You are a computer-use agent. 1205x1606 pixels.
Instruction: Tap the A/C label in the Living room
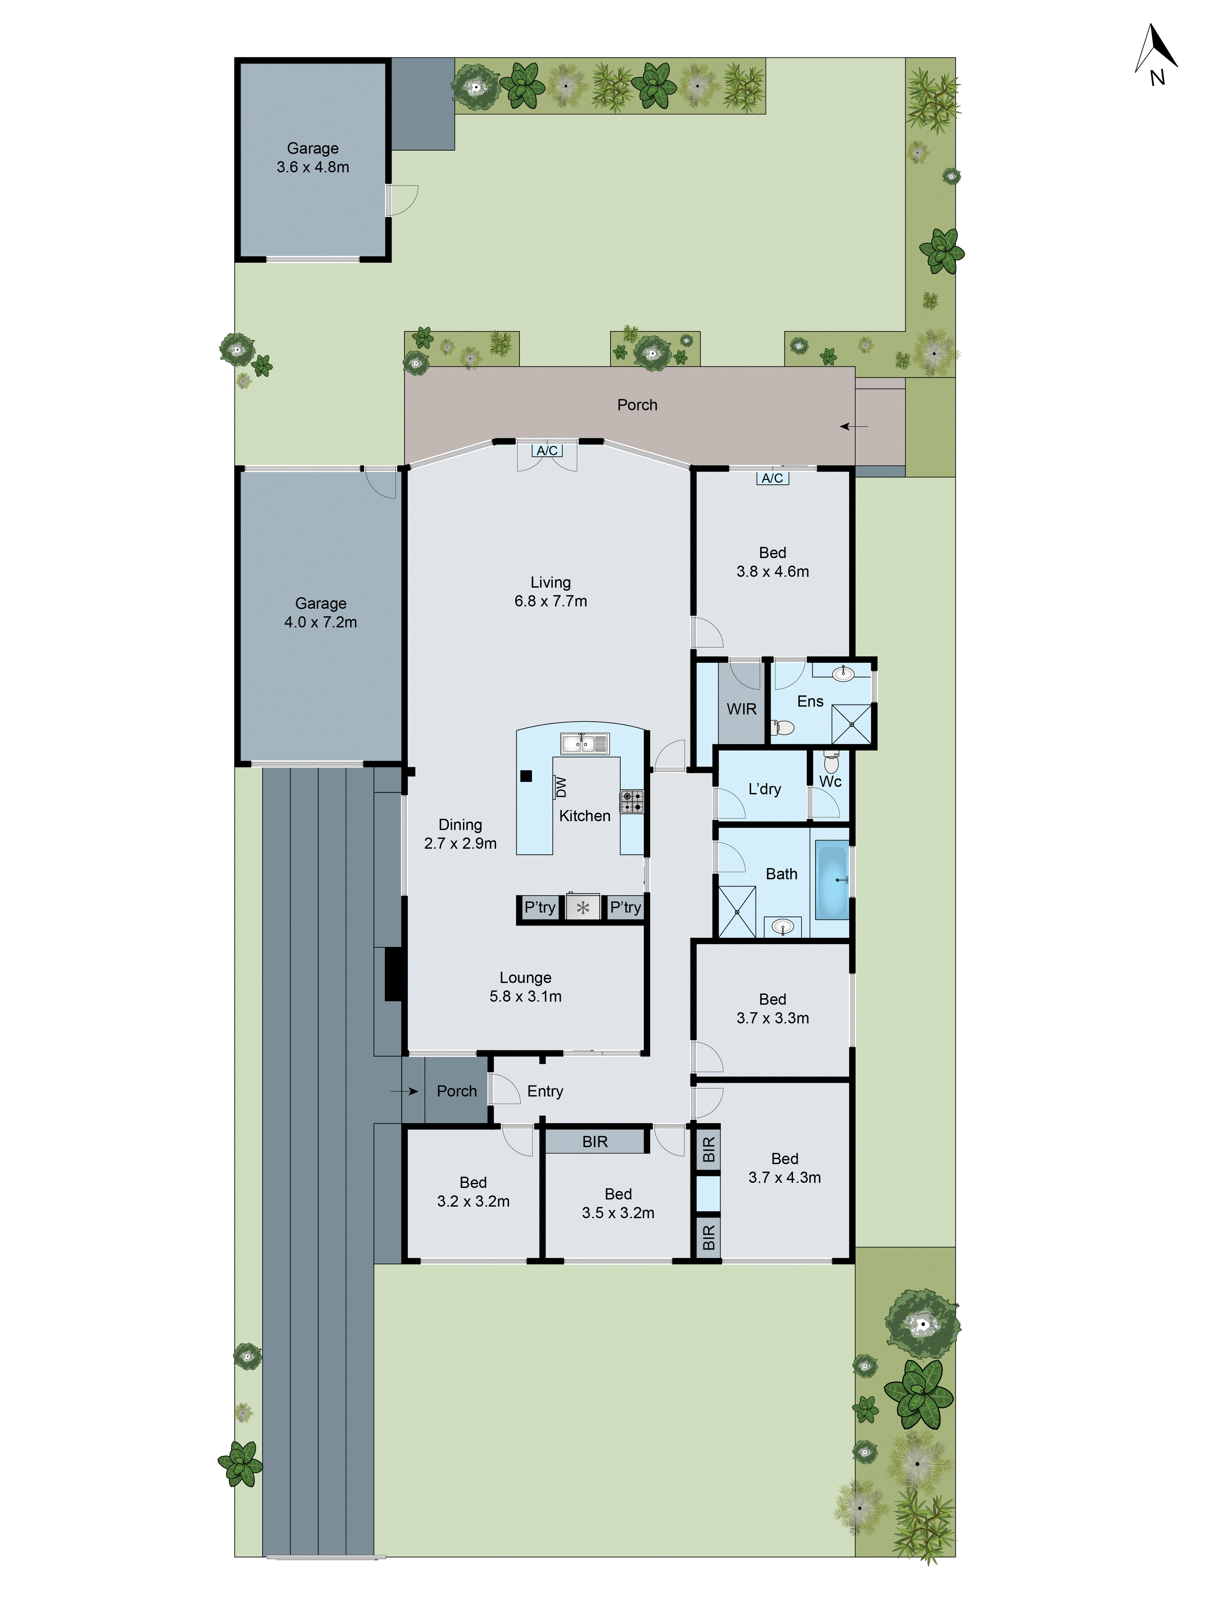point(547,451)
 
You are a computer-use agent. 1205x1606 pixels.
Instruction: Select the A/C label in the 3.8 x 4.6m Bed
point(772,478)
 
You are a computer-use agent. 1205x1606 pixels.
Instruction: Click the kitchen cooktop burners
point(631,802)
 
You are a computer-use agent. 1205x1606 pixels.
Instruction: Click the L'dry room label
point(764,789)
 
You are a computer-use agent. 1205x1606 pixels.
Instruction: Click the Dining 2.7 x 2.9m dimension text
point(460,843)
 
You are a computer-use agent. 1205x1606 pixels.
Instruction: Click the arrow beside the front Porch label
point(404,1091)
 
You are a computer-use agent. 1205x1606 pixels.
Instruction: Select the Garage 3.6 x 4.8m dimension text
point(312,167)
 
